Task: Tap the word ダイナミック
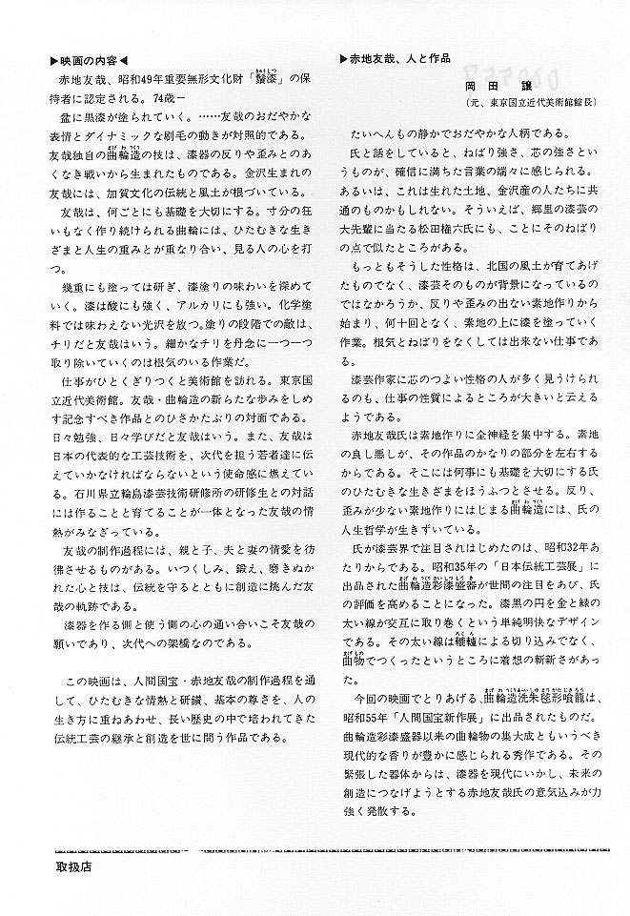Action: pyautogui.click(x=132, y=129)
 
